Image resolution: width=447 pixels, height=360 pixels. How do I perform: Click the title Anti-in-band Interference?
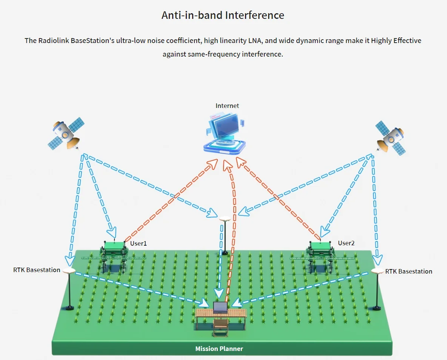223,15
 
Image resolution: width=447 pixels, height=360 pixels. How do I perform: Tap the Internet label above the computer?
227,106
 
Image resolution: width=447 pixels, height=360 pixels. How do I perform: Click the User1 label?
138,243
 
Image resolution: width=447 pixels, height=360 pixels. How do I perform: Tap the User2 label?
346,243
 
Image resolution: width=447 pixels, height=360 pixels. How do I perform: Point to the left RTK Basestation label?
37,270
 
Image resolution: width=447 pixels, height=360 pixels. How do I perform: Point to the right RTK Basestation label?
408,271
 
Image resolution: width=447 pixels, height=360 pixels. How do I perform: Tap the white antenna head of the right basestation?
377,271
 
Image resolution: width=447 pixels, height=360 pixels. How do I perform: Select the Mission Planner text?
219,349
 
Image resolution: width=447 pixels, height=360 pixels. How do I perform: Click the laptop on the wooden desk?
220,308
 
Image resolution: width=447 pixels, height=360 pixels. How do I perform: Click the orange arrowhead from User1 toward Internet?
213,163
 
